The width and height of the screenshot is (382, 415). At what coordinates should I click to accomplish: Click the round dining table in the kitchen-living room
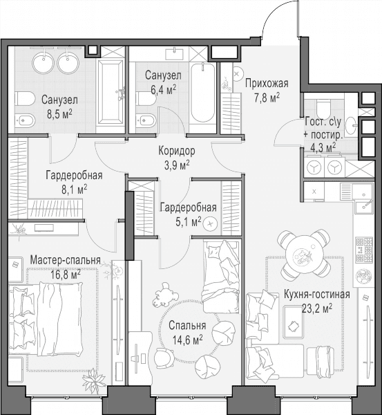tap(304, 256)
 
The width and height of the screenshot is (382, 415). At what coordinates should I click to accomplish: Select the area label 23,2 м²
tap(317, 308)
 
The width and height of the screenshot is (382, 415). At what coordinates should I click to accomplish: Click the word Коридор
tap(177, 151)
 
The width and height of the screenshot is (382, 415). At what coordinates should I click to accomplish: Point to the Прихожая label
tap(267, 84)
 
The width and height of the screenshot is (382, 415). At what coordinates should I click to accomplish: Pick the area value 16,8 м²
tap(66, 275)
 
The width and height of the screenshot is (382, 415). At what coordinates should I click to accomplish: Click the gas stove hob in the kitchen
tap(364, 250)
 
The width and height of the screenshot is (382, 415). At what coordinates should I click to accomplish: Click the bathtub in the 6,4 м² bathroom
tap(203, 93)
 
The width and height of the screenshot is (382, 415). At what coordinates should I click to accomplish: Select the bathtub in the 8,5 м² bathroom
tap(111, 91)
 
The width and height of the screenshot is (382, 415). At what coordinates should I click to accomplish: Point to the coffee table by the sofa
tap(294, 322)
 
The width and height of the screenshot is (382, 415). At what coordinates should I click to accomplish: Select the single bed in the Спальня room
tap(221, 277)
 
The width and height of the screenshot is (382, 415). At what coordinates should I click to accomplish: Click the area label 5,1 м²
tap(188, 222)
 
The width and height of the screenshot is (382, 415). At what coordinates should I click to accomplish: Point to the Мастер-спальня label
tap(66, 260)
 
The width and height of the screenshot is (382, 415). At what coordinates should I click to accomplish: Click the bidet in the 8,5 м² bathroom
tap(25, 122)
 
